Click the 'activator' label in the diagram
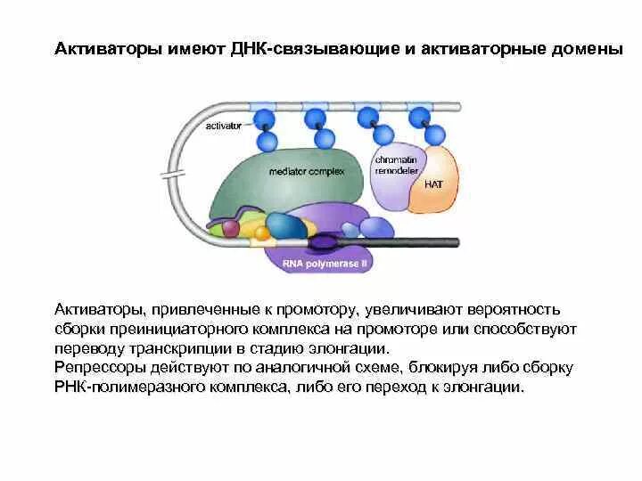[224, 126]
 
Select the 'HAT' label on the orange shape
[433, 184]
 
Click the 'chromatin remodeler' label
[396, 161]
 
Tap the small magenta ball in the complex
[231, 229]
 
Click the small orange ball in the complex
[261, 234]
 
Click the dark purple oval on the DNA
[323, 240]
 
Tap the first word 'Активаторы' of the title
[108, 49]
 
